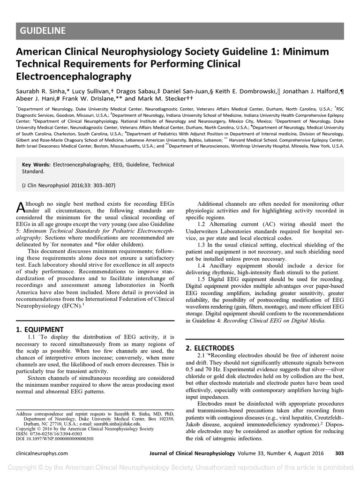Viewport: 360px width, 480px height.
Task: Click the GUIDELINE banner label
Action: coord(43,31)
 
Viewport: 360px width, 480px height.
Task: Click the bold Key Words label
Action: coord(37,165)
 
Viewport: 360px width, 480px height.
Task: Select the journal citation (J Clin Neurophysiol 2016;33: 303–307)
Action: coord(68,185)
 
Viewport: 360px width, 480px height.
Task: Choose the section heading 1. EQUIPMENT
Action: coord(39,329)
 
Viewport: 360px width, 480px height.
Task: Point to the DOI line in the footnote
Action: coord(55,439)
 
